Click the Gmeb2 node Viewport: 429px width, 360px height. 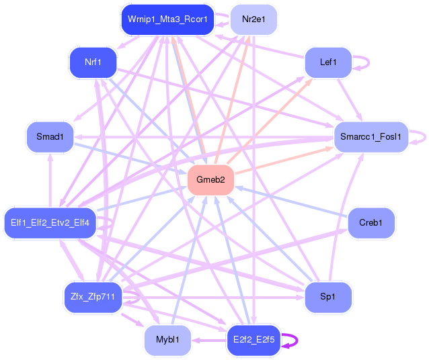coord(210,180)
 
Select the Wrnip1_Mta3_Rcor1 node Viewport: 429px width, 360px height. coord(167,19)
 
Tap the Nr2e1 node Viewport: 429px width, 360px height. coord(253,19)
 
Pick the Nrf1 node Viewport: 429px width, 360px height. coord(93,62)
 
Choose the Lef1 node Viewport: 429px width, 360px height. coord(328,62)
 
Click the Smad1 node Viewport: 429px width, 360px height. coord(50,137)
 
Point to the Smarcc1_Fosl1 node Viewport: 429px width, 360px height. coord(371,137)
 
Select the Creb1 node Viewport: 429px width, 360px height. coord(371,222)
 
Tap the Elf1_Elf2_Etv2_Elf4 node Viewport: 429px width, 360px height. coord(50,222)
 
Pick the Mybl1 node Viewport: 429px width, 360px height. coord(167,340)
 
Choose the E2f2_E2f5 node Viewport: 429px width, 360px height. coord(253,340)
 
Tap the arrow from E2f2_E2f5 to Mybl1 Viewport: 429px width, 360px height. coord(208,340)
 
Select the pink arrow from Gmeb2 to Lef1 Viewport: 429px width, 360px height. coord(269,121)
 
